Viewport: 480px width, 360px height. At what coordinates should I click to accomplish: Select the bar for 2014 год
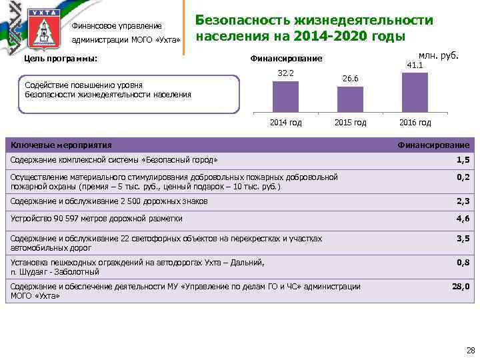point(286,97)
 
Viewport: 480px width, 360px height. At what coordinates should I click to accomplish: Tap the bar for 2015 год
point(350,100)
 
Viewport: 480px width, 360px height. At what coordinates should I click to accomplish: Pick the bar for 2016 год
point(415,93)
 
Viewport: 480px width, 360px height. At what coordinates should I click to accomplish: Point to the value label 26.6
point(351,79)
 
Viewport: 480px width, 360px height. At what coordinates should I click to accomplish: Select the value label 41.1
point(415,65)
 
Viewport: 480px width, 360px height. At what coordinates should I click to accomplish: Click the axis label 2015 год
point(351,123)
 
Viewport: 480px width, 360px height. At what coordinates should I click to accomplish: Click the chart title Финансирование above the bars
point(286,59)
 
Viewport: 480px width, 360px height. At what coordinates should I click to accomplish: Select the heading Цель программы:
point(61,59)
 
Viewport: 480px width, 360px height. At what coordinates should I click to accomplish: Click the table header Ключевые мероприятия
point(61,145)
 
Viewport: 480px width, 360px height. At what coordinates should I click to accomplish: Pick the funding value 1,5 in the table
point(463,161)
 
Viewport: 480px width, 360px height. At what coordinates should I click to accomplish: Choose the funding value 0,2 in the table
point(463,177)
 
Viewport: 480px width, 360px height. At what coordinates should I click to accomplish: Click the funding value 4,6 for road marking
point(463,219)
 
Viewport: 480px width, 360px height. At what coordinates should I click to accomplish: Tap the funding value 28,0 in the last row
point(461,287)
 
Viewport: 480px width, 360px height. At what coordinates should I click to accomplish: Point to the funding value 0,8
point(463,263)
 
